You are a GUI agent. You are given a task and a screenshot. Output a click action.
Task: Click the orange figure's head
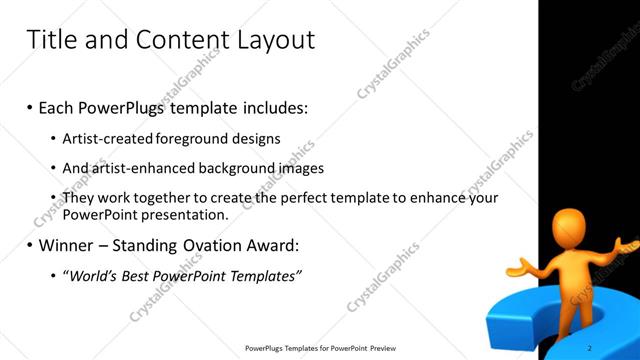pyautogui.click(x=576, y=226)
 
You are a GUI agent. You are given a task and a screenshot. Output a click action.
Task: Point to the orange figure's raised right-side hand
pyautogui.click(x=627, y=243)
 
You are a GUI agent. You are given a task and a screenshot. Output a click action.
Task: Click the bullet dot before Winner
pyautogui.click(x=29, y=246)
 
